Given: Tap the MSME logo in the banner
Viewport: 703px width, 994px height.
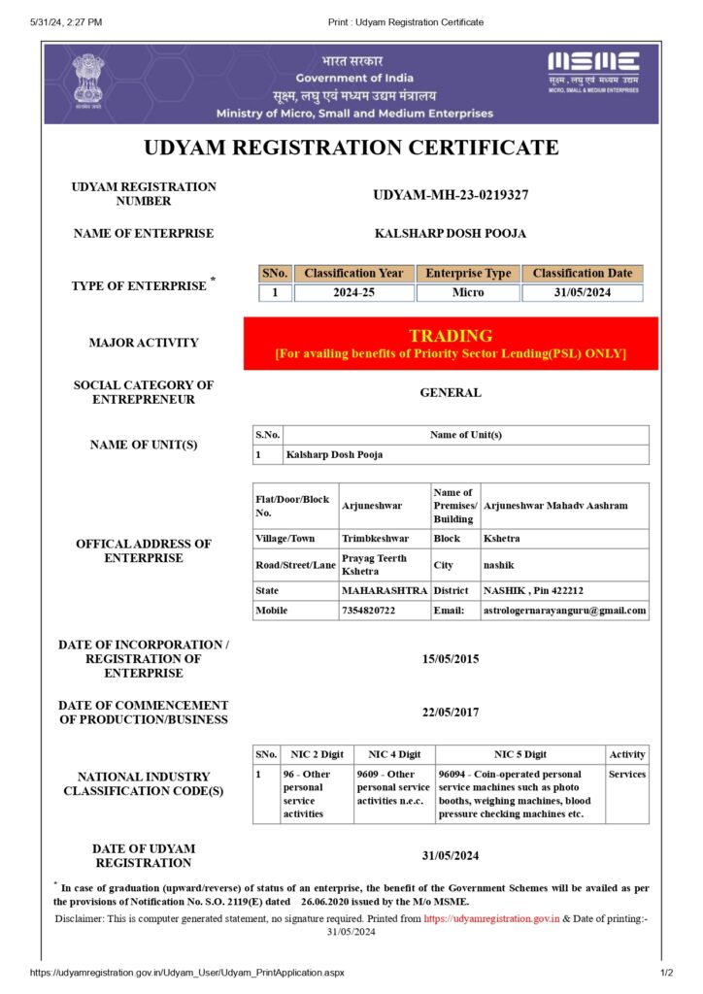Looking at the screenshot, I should [593, 72].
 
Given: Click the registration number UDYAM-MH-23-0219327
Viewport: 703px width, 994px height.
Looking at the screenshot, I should [451, 195].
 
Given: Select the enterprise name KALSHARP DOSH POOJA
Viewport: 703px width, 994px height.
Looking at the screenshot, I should [451, 233].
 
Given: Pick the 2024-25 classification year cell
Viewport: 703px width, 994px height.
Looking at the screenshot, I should [353, 292].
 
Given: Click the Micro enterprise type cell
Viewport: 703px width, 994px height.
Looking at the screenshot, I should [468, 292].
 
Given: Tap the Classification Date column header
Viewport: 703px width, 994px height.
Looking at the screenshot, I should [582, 274].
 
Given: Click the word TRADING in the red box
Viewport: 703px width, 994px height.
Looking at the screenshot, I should [451, 336].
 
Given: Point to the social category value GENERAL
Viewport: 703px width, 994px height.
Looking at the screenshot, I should [451, 393].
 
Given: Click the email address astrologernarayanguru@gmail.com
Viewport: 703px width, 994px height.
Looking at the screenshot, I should [565, 611].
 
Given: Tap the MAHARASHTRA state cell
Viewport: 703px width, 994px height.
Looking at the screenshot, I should [384, 590].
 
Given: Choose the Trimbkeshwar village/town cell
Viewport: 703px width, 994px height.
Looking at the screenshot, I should [375, 538].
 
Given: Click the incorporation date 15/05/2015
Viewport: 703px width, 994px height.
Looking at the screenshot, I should [451, 659].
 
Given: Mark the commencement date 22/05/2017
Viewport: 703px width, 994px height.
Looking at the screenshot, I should [451, 712].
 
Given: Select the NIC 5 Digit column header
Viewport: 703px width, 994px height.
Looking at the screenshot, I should [519, 754].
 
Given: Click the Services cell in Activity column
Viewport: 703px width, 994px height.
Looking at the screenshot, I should [626, 775].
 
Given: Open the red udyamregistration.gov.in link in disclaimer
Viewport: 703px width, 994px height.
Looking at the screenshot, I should [491, 917].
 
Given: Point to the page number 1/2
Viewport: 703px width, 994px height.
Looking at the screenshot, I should [667, 973].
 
